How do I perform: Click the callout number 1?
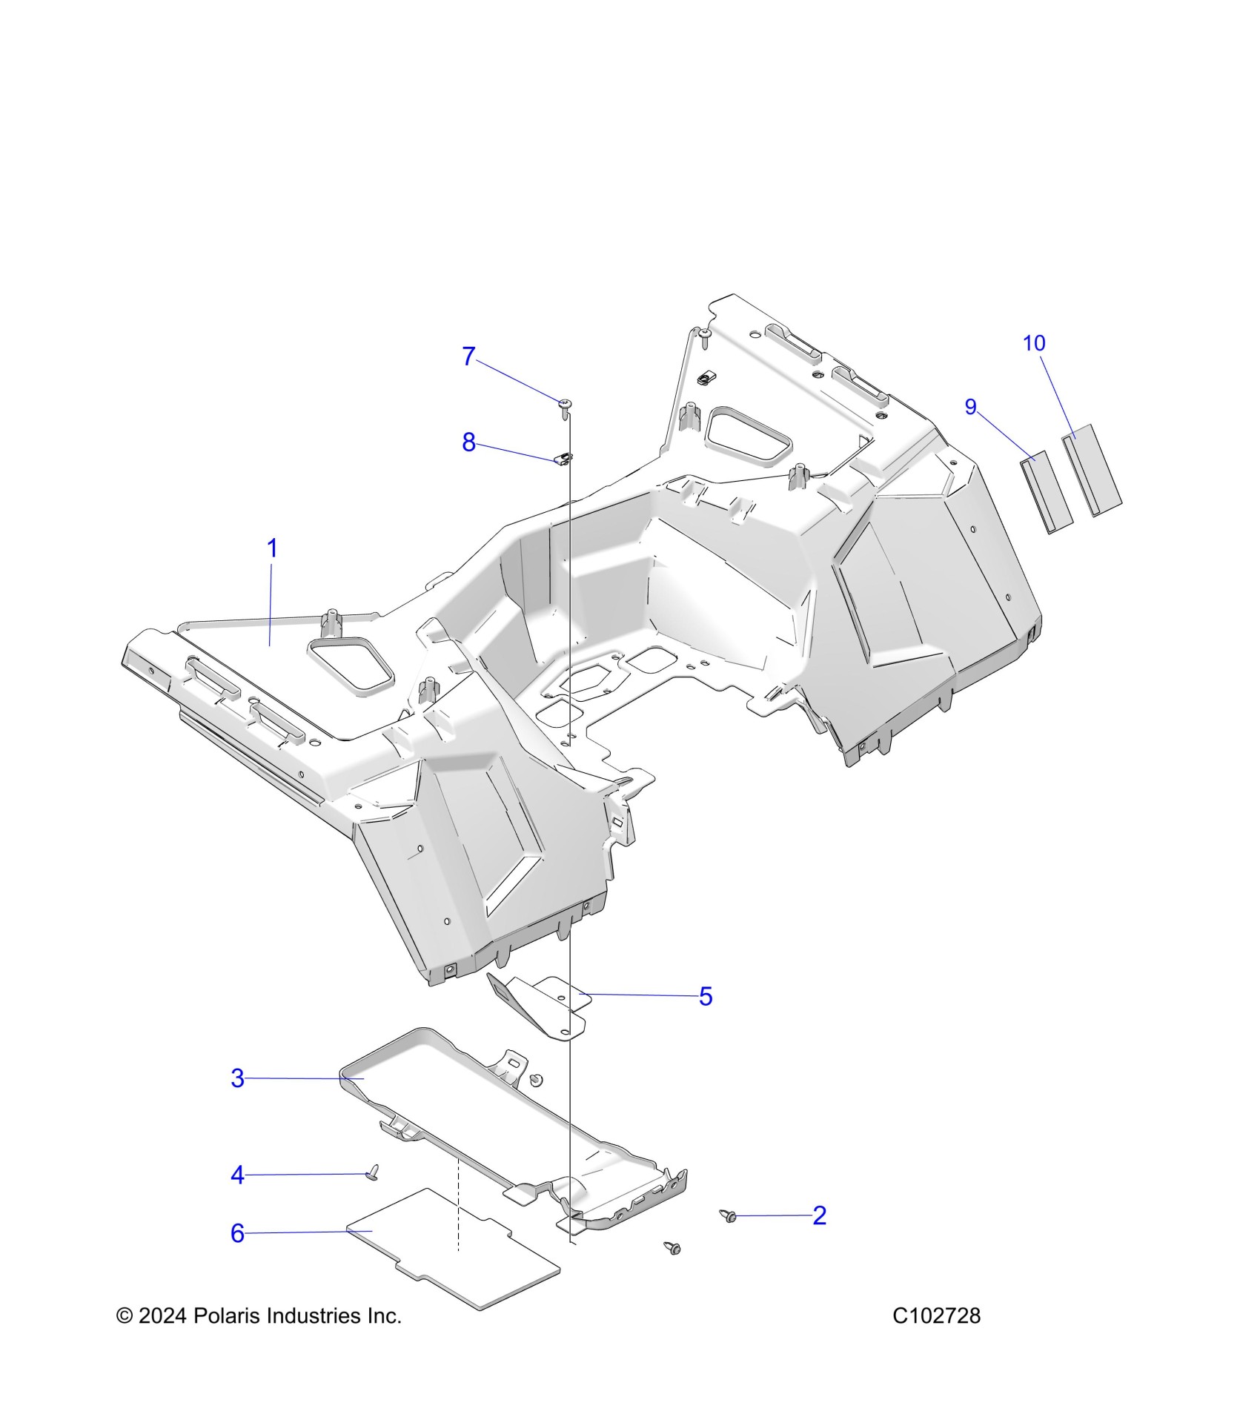(272, 549)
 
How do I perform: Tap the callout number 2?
(819, 1215)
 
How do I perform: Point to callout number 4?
(237, 1175)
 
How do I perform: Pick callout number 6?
(237, 1233)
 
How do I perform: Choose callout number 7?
(468, 356)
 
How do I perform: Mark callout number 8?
(468, 442)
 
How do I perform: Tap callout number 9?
(970, 407)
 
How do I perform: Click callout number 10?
(1034, 343)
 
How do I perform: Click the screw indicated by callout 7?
(566, 404)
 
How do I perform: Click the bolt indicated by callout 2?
(729, 1215)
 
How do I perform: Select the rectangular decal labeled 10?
(1092, 470)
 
